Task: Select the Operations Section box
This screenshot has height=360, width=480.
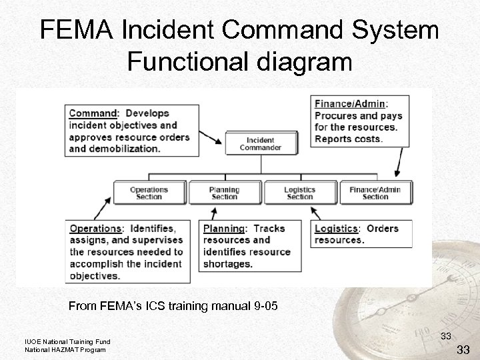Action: [x=149, y=193]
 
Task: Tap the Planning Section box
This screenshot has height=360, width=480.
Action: [x=225, y=193]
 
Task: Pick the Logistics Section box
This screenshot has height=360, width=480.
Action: [x=300, y=193]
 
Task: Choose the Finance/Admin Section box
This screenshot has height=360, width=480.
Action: [x=375, y=193]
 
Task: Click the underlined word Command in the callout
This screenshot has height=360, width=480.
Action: [x=93, y=113]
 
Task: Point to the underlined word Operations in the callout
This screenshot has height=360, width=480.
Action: [x=95, y=229]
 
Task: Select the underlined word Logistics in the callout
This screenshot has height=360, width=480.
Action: [x=337, y=229]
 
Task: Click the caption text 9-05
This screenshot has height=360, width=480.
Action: [x=253, y=307]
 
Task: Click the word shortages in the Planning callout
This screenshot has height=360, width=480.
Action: [x=229, y=264]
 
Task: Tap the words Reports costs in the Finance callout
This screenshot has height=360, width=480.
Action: [x=349, y=139]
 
